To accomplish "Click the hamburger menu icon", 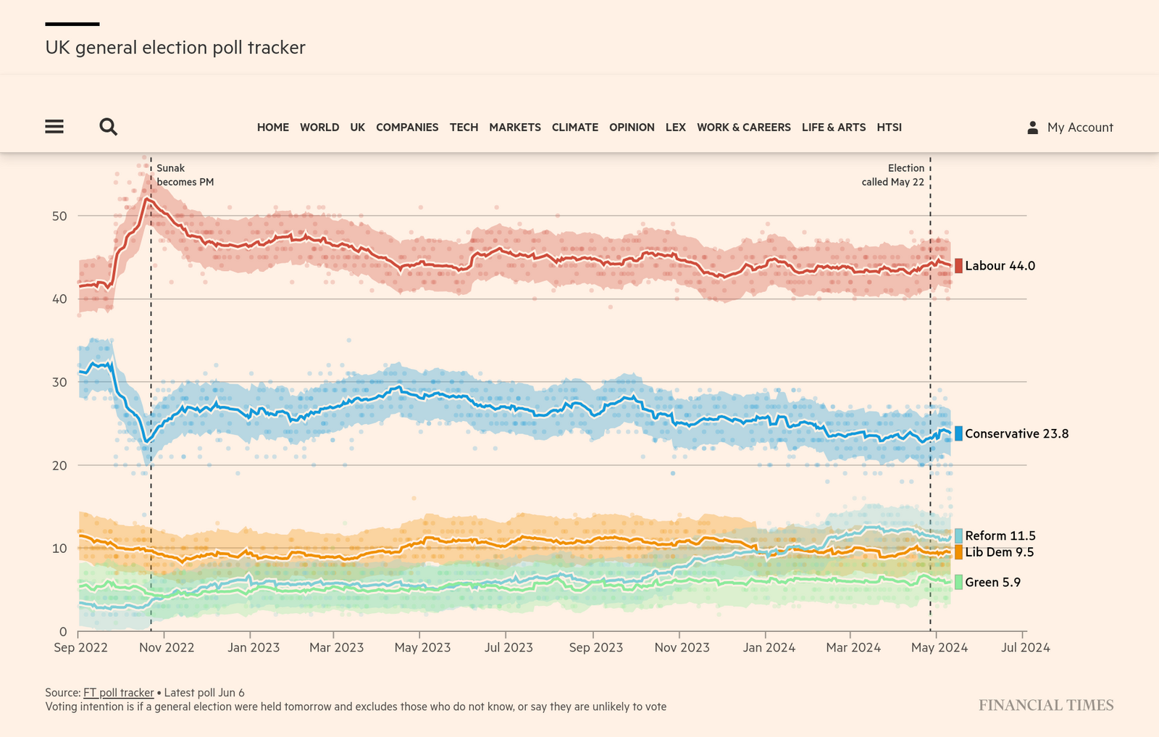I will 54,127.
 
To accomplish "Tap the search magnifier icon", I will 108,127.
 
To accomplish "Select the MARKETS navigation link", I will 514,128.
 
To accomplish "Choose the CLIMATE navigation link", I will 574,128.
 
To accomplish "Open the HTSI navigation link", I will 889,128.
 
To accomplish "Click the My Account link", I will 1070,128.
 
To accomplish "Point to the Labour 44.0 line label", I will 1000,266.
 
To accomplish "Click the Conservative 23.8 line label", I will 1016,434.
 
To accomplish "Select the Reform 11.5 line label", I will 1000,536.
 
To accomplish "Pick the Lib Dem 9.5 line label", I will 999,552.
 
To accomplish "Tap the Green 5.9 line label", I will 992,583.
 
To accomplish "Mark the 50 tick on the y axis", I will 59,216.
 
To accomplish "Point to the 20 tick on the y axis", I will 59,466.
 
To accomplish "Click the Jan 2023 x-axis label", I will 254,648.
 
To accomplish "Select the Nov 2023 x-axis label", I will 682,648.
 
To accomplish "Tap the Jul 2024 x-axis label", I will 1025,648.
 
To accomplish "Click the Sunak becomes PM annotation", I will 185,175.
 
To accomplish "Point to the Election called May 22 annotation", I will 892,175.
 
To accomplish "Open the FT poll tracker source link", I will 119,693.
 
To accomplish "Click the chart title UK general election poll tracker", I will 175,48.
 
